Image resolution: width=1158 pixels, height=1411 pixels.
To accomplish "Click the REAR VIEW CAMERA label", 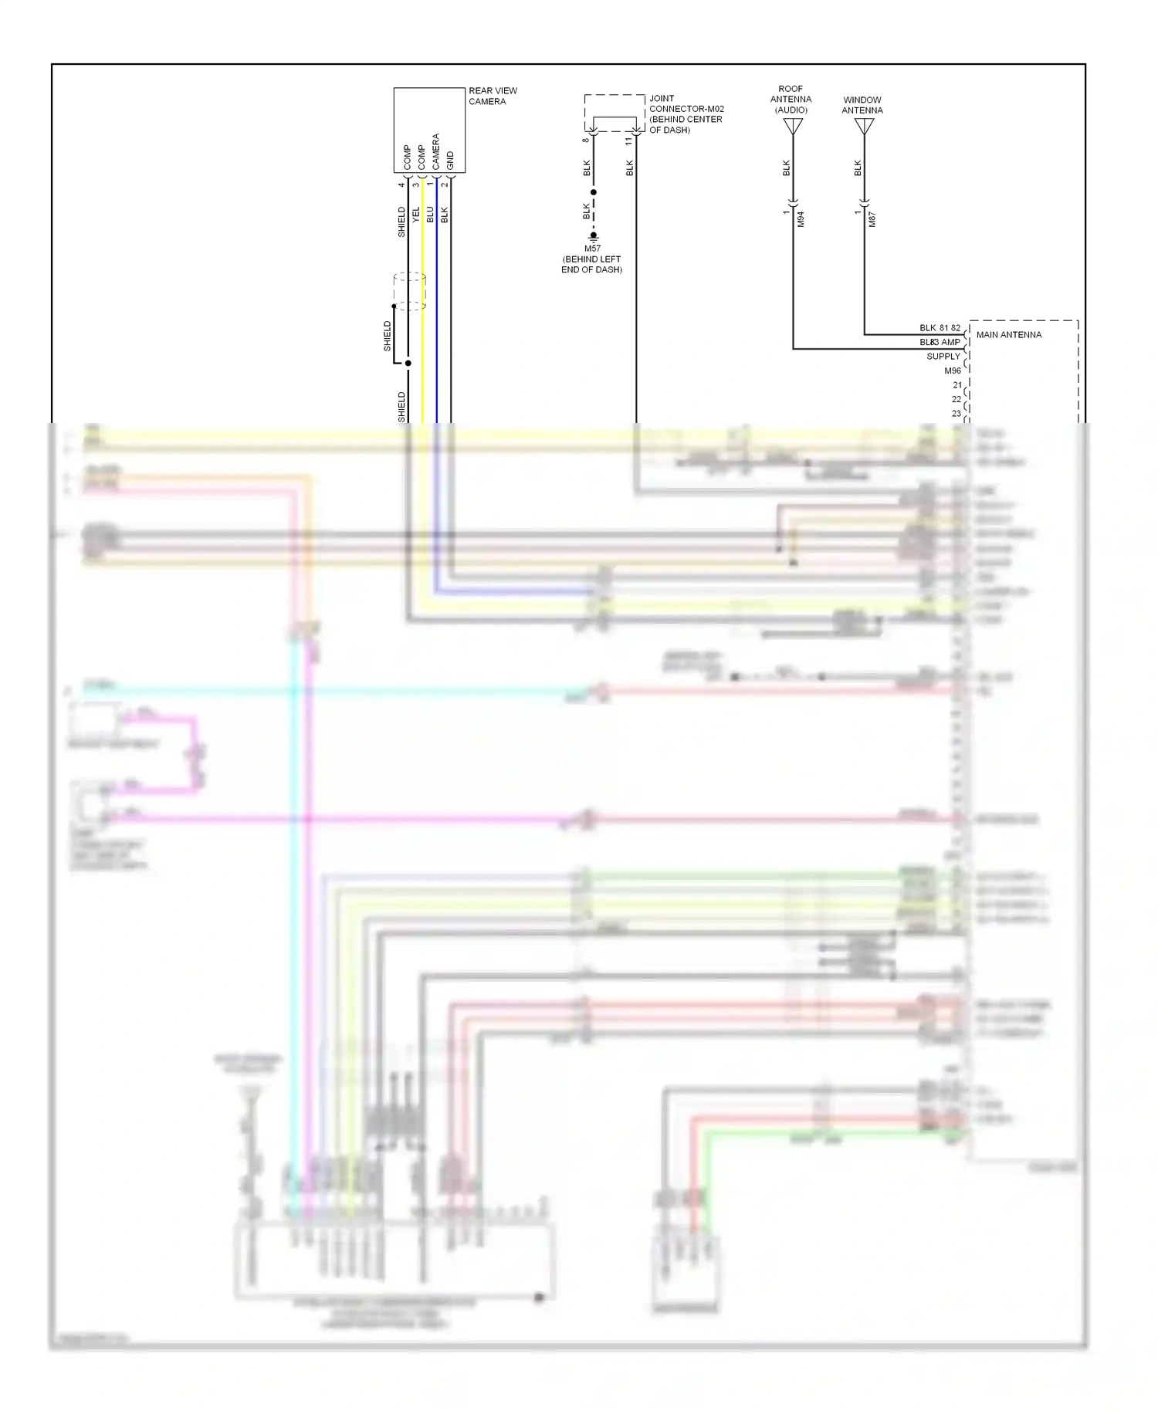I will (492, 96).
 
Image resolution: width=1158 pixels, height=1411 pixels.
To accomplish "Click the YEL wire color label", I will (416, 215).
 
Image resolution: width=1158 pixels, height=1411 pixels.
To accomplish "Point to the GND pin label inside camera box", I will (450, 161).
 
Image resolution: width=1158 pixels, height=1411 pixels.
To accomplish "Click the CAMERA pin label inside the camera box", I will (435, 151).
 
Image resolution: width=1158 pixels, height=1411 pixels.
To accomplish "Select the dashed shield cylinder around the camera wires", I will (409, 291).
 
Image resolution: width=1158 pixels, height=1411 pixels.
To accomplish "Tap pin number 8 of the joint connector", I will (586, 140).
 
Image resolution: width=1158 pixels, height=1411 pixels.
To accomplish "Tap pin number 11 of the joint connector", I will (628, 140).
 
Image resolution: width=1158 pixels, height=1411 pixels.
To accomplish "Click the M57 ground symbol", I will (593, 237).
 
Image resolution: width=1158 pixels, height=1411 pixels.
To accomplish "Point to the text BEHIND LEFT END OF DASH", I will (591, 265).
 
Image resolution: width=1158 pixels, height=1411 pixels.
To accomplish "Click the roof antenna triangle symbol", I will (793, 126).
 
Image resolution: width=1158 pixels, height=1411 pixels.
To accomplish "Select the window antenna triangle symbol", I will (864, 126).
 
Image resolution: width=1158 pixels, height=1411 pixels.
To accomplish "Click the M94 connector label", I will (801, 219).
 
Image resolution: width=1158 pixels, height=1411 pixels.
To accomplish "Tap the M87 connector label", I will (872, 219).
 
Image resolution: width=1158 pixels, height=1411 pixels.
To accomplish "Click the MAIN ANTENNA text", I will (1008, 335).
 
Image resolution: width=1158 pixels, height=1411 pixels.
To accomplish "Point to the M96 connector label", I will (953, 371).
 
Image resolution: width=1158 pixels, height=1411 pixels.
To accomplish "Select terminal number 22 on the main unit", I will (957, 399).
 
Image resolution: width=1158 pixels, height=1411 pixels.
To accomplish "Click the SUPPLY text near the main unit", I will (943, 357).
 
